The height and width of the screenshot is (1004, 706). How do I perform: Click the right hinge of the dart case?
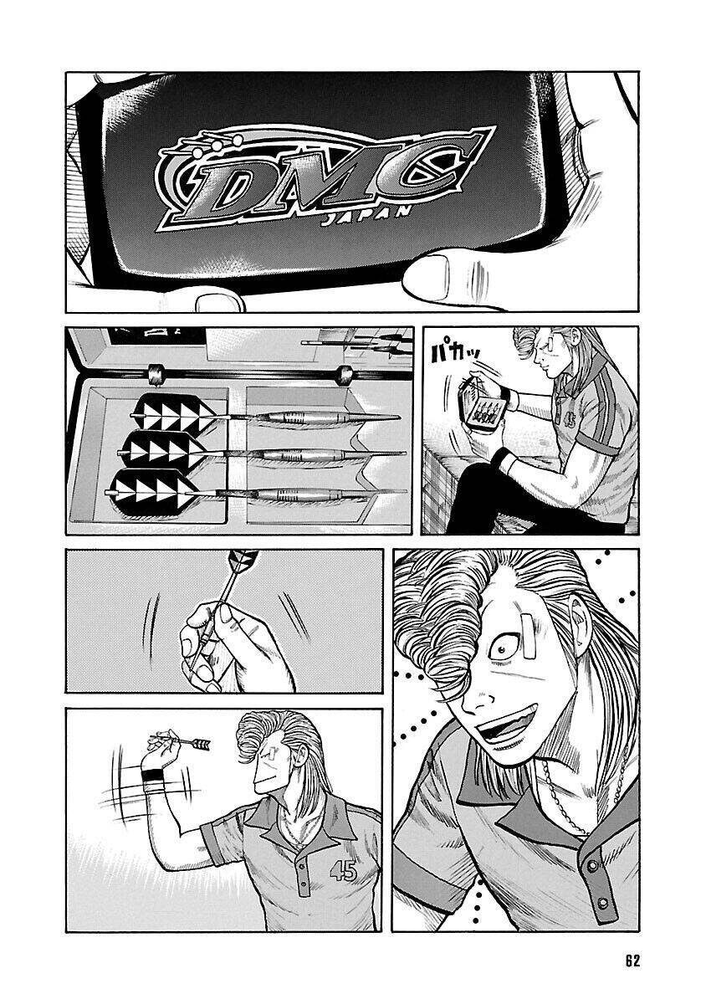click(x=345, y=375)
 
